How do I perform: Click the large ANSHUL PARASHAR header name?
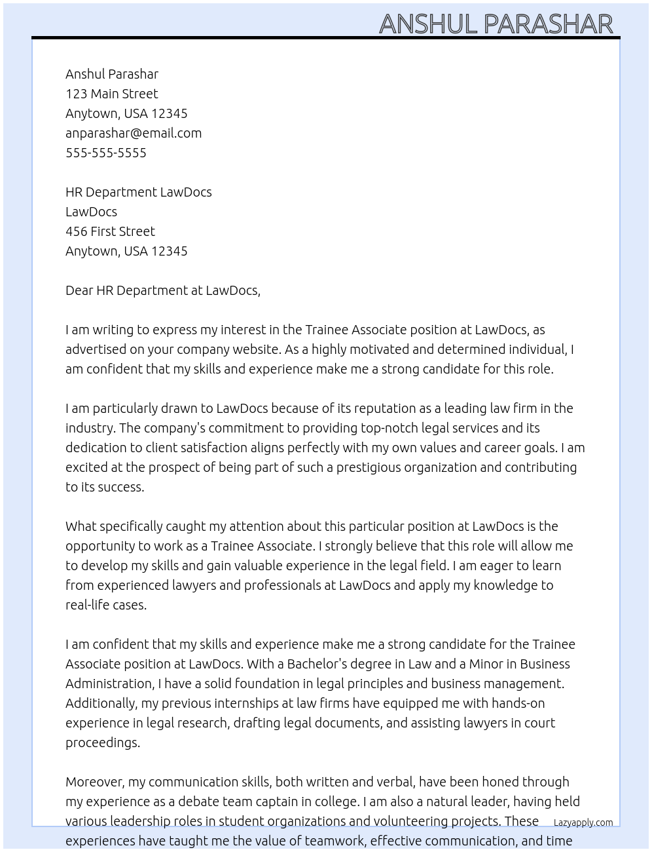(496, 24)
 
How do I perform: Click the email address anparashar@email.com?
(134, 133)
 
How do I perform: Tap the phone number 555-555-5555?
(106, 153)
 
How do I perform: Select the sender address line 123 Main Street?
(112, 94)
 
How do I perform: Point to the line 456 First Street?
(110, 231)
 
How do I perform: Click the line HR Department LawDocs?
(139, 192)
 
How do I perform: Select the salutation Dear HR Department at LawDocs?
(163, 290)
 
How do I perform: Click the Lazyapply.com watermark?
(583, 823)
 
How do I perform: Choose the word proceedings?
(103, 743)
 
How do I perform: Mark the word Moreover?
(95, 782)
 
